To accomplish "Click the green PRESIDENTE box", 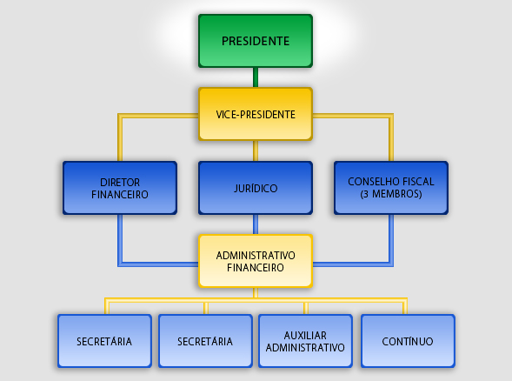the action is (256, 41).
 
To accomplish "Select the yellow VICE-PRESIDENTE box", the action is (256, 114).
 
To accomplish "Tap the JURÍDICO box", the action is (256, 188).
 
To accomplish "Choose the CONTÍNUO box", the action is (408, 341).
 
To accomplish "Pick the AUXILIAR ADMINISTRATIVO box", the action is (305, 341).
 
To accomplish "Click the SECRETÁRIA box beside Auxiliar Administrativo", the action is (205, 341).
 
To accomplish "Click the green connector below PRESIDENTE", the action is (256, 77).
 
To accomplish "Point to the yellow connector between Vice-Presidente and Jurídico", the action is (256, 151).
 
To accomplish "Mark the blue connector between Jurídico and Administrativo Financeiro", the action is (256, 224).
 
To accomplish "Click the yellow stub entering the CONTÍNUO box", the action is (405, 307).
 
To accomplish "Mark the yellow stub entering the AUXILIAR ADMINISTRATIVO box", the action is (306, 308).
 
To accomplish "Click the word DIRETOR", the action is (120, 182).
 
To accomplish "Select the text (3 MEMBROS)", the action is (391, 194).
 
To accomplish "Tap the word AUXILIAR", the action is (305, 335).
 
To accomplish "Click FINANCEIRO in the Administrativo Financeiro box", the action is (256, 268).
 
